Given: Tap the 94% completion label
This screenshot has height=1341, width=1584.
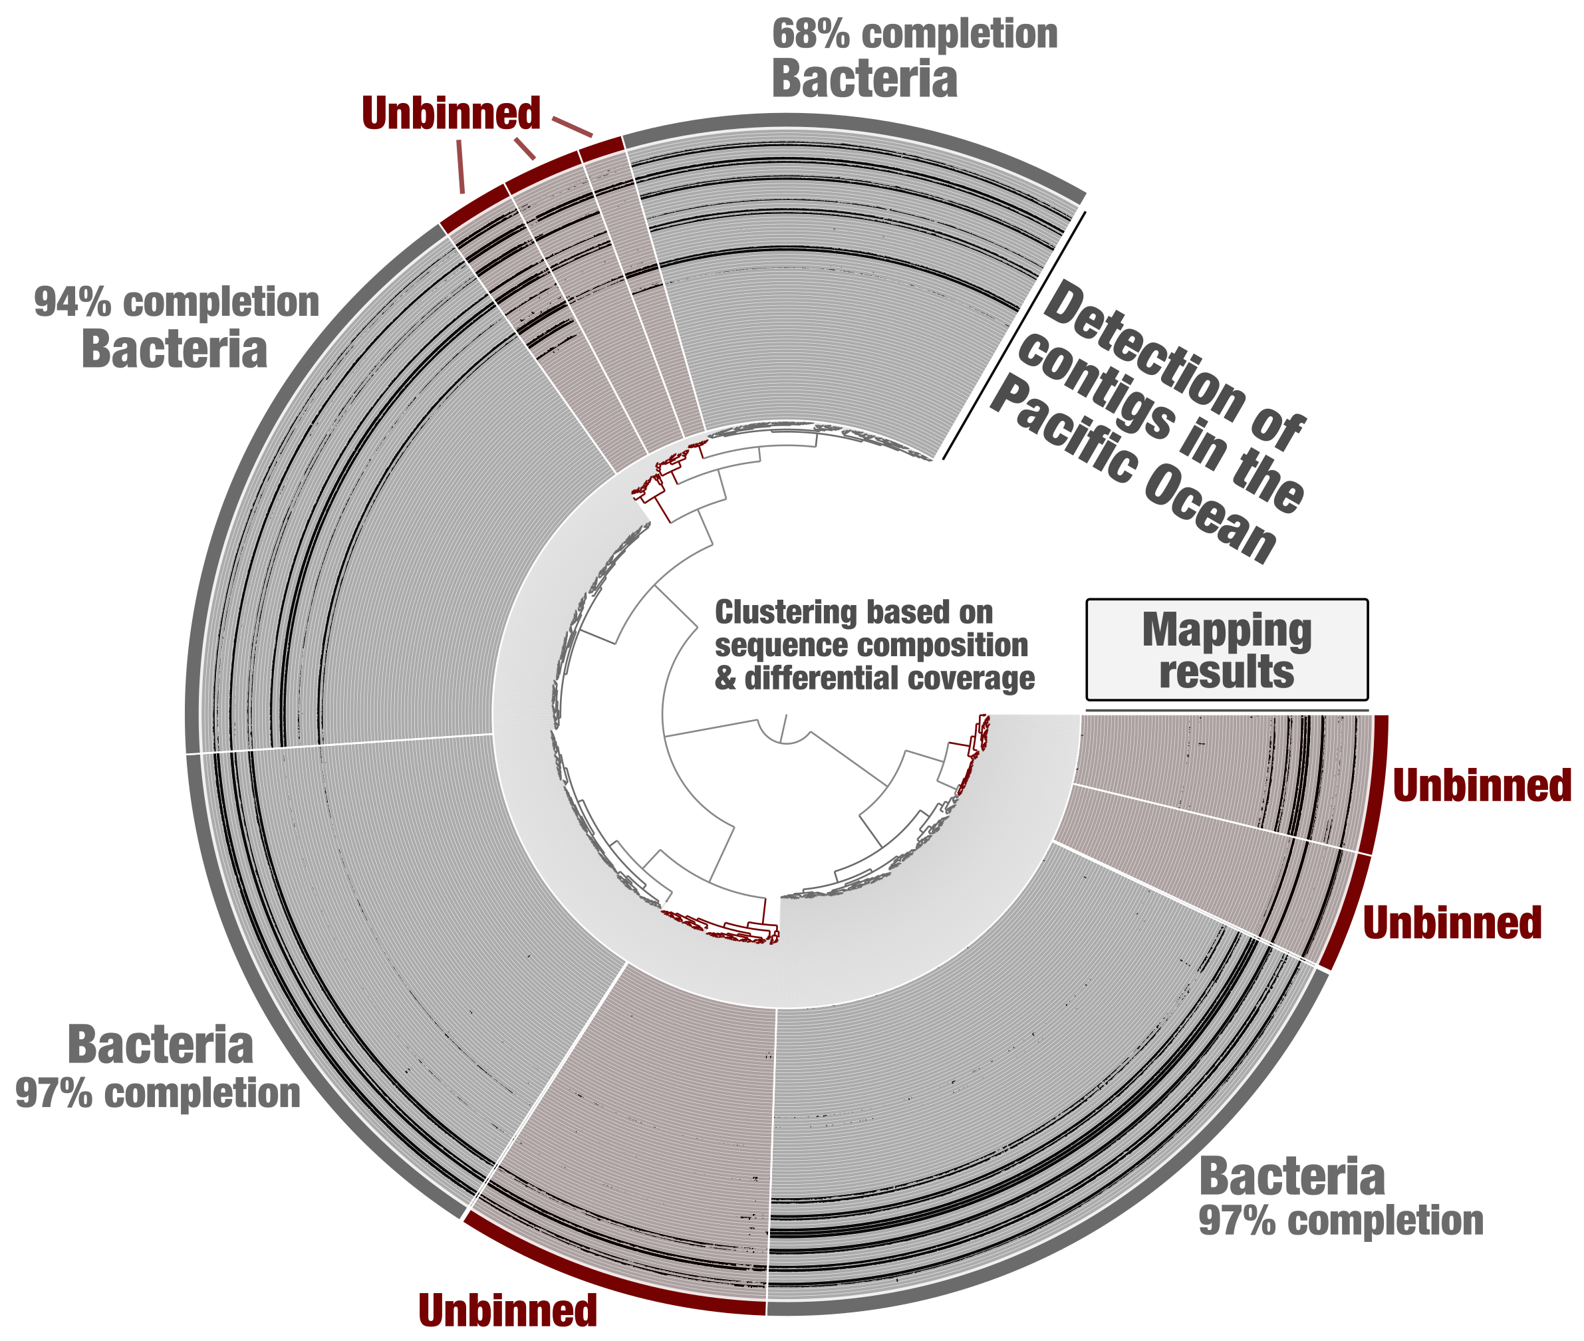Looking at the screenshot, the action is (x=176, y=303).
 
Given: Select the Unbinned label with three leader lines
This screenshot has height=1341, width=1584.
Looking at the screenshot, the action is (x=451, y=113).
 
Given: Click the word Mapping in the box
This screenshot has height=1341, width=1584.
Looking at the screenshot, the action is (x=1227, y=631).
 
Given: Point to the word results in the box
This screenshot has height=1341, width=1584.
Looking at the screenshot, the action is (x=1227, y=672).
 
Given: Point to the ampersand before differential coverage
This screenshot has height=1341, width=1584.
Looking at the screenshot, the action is (x=725, y=678).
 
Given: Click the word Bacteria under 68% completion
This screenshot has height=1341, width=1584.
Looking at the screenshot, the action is (x=864, y=79).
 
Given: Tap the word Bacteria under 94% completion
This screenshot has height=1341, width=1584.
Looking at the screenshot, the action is (x=174, y=350).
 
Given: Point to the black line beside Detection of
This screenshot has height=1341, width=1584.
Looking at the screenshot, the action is (x=1013, y=335).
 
